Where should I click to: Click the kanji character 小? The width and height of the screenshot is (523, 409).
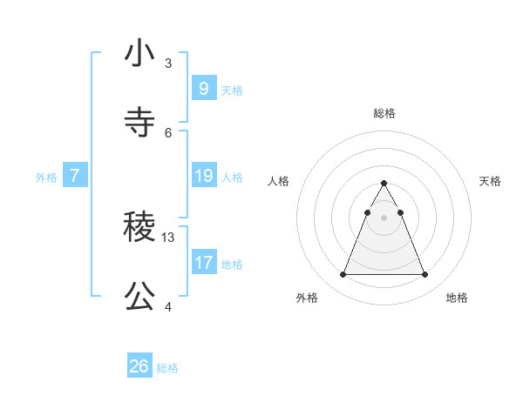139,53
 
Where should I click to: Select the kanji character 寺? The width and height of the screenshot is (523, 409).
139,123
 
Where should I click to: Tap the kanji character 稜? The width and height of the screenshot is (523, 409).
139,227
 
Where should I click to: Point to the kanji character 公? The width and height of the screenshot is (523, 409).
139,297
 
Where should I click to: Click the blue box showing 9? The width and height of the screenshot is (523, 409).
203,88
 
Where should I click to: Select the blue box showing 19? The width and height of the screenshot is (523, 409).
203,176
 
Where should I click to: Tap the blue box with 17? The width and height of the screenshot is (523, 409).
203,262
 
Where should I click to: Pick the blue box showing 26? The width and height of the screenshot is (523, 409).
139,366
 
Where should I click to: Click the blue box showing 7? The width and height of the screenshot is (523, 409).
75,176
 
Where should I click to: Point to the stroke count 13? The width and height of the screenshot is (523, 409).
169,237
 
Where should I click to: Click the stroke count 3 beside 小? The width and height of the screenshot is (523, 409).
168,63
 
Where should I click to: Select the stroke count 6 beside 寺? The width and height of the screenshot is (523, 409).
168,132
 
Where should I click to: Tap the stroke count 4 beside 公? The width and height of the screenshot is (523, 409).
168,306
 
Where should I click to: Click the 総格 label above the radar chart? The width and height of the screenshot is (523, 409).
384,113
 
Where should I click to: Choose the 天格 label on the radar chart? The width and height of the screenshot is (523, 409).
490,181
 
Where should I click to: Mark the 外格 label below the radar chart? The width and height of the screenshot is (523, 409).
307,298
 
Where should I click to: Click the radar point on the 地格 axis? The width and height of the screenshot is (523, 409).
425,275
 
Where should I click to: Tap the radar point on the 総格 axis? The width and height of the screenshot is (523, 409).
384,183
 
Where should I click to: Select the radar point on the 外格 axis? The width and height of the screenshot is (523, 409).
343,275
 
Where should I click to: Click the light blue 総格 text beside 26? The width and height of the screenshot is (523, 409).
167,368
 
